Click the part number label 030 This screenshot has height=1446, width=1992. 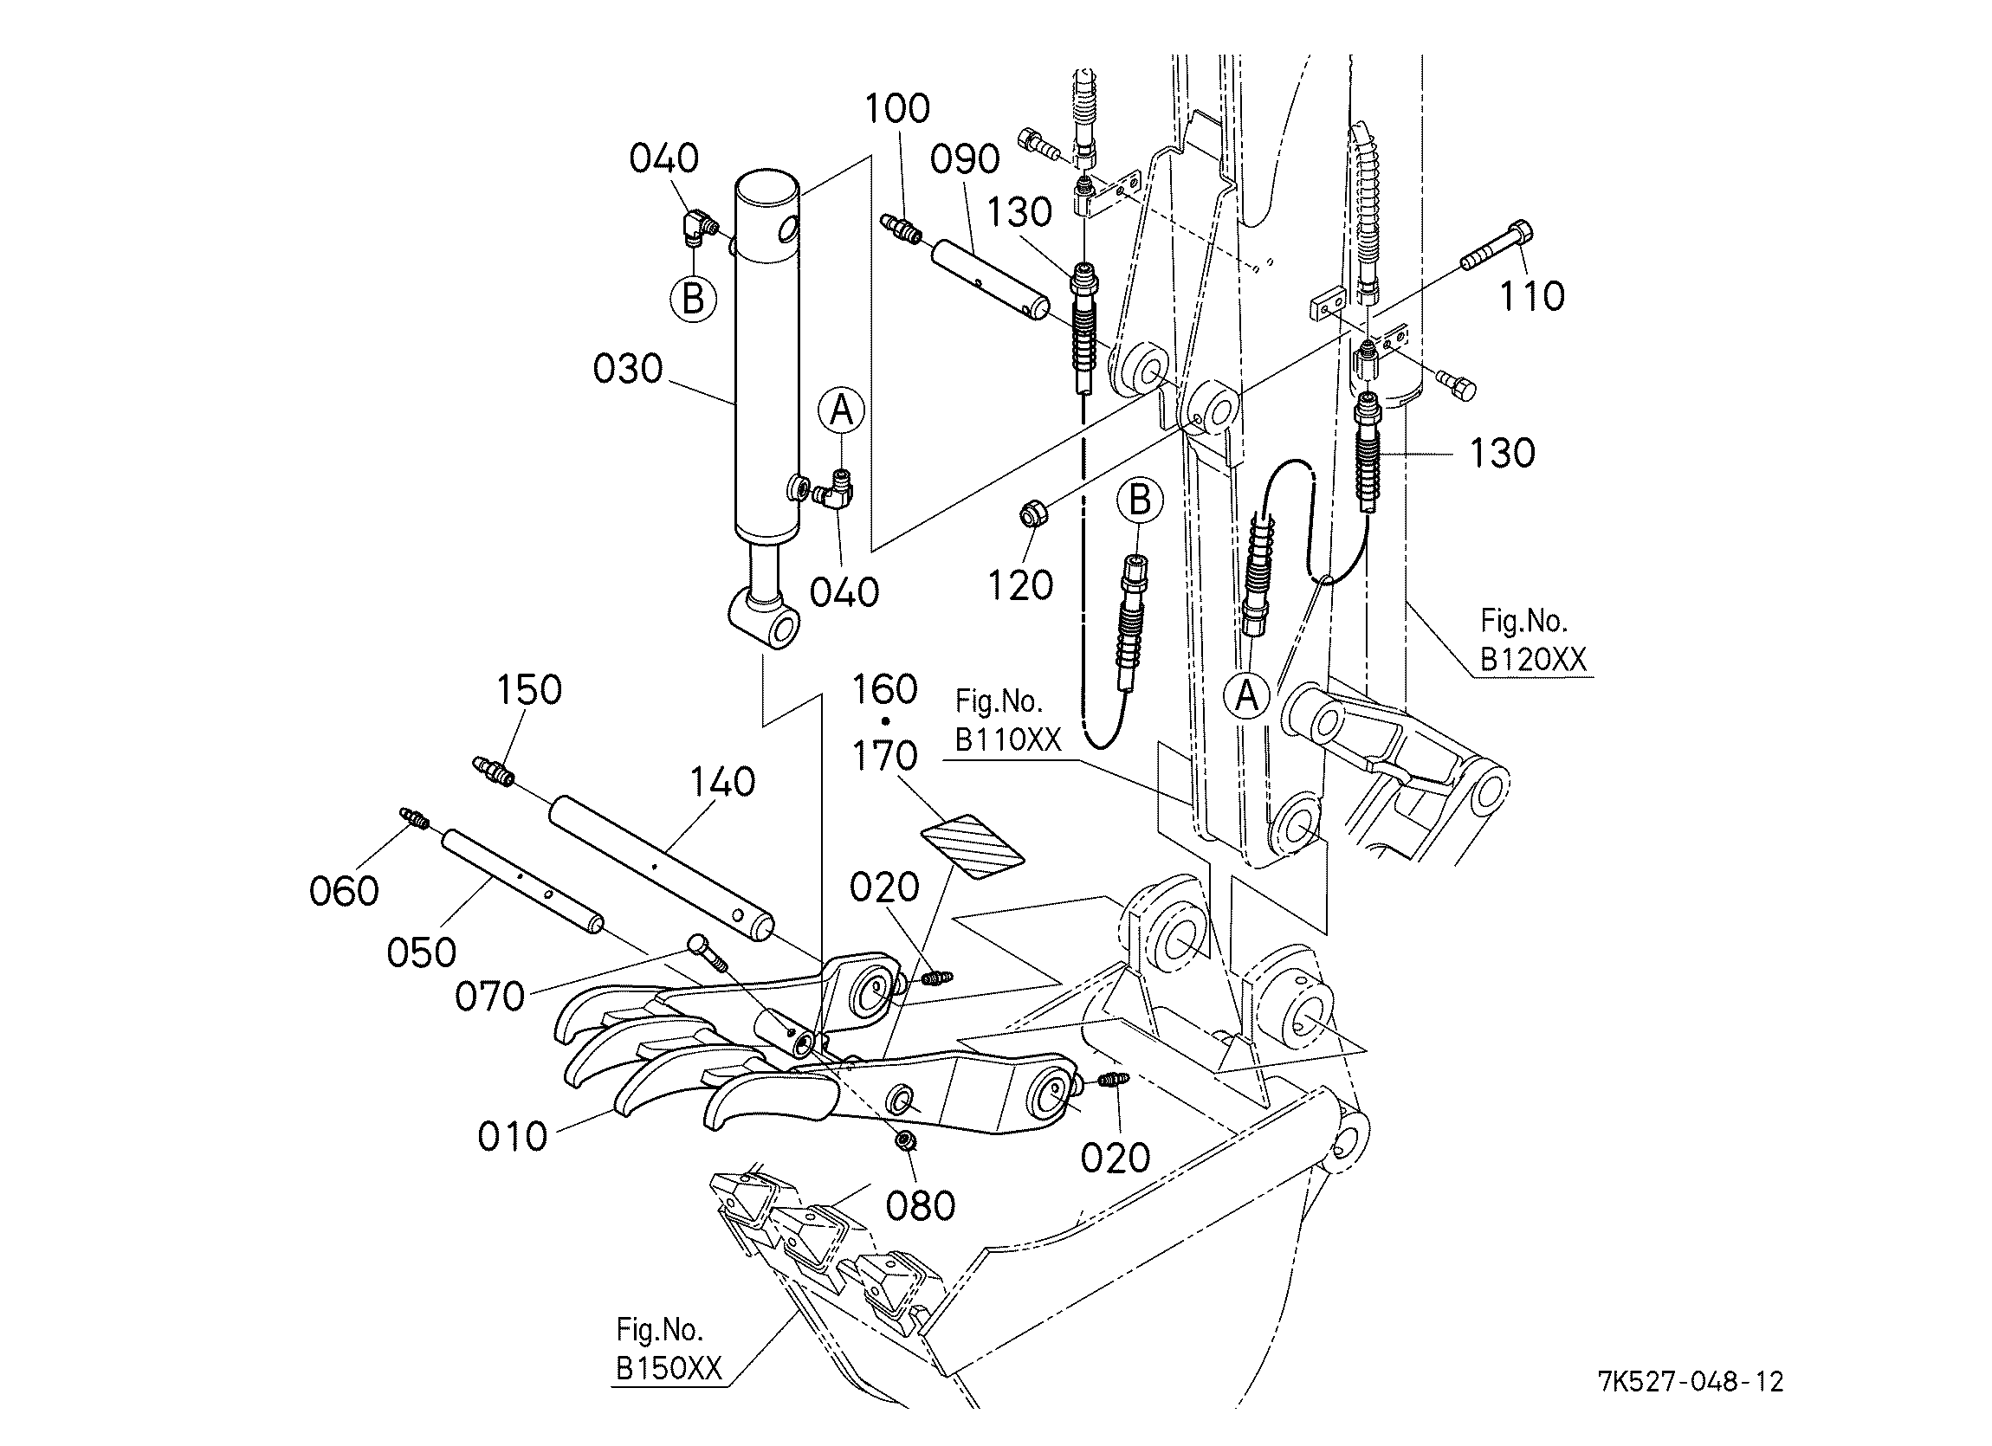pyautogui.click(x=627, y=370)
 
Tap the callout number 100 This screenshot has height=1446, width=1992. pyautogui.click(x=896, y=109)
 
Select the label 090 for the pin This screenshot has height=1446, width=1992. pyautogui.click(x=964, y=160)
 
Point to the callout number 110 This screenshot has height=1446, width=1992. pyautogui.click(x=1532, y=297)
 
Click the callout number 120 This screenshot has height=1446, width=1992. pyautogui.click(x=1020, y=585)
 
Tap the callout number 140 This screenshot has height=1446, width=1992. pyautogui.click(x=722, y=781)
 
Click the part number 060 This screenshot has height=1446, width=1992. pyautogui.click(x=345, y=892)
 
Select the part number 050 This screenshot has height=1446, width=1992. pyautogui.click(x=422, y=952)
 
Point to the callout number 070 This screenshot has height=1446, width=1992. pyautogui.click(x=490, y=997)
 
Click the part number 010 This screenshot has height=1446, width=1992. pyautogui.click(x=512, y=1137)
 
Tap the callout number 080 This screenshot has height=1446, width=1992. pyautogui.click(x=920, y=1207)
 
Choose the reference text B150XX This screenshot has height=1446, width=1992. pyautogui.click(x=669, y=1369)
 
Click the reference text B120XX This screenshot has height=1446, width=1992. pyautogui.click(x=1534, y=659)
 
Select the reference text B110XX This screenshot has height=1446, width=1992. pyautogui.click(x=1008, y=740)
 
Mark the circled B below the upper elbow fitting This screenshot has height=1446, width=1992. pyautogui.click(x=693, y=300)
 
